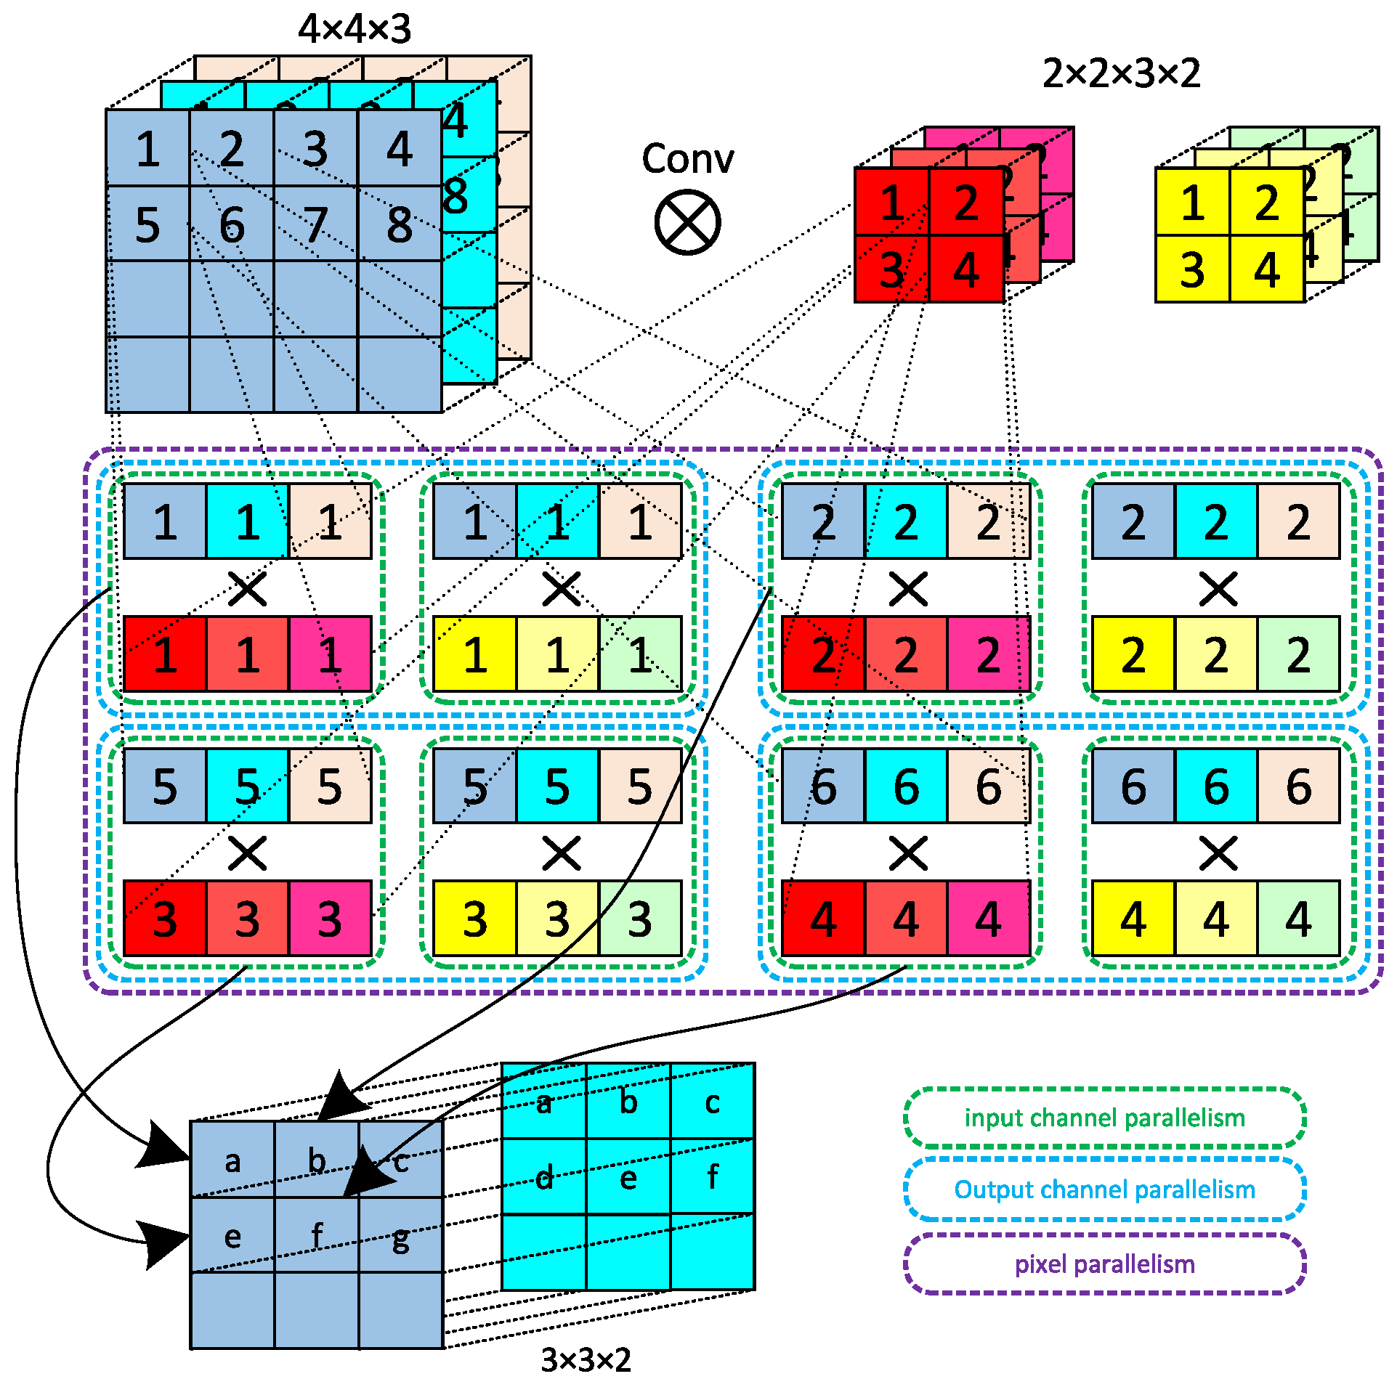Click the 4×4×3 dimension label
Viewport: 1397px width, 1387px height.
click(x=355, y=29)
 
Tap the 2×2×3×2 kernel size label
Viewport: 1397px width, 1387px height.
click(x=1121, y=73)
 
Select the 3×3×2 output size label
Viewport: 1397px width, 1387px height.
click(x=586, y=1359)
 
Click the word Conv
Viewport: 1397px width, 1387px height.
click(x=687, y=159)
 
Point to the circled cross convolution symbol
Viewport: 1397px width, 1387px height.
click(x=687, y=222)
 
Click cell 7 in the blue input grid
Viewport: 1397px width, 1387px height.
click(x=315, y=224)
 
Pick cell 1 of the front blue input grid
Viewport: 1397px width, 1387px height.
click(x=147, y=149)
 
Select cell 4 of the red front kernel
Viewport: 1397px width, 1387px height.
click(x=966, y=269)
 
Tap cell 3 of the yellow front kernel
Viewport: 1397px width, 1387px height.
click(x=1192, y=269)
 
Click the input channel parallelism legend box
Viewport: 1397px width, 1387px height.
click(x=1104, y=1118)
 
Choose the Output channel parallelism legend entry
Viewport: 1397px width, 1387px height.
click(x=1104, y=1189)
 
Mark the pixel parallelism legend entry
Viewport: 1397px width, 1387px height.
click(x=1104, y=1264)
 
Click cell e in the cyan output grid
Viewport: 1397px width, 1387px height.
click(x=628, y=1177)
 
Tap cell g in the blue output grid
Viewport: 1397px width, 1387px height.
click(x=401, y=1236)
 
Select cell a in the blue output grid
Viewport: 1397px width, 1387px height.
click(x=232, y=1160)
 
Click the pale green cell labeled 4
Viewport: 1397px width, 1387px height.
click(x=1298, y=919)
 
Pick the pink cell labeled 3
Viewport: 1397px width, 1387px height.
click(x=330, y=919)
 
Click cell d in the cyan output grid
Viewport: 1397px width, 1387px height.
click(x=544, y=1177)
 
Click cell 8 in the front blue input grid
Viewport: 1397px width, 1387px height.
click(x=400, y=224)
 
